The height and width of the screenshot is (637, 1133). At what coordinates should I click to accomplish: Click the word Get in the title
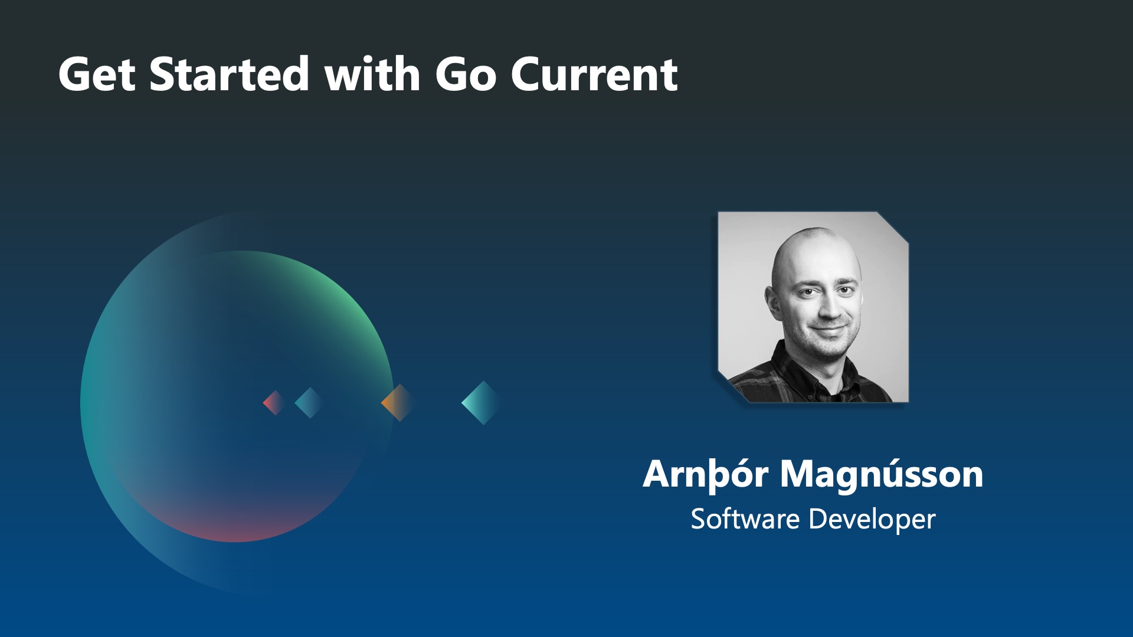[x=97, y=74]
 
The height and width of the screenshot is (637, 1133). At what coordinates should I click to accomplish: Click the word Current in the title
[x=594, y=74]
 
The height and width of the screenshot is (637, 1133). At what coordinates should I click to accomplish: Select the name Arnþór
[x=706, y=474]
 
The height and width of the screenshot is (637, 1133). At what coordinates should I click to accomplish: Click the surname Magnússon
[x=882, y=474]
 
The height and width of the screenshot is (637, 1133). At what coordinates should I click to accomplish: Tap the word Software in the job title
[x=745, y=519]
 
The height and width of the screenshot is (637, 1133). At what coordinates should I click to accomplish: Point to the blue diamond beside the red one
[x=307, y=403]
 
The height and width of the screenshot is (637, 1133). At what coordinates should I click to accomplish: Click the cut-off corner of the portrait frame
[x=893, y=226]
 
